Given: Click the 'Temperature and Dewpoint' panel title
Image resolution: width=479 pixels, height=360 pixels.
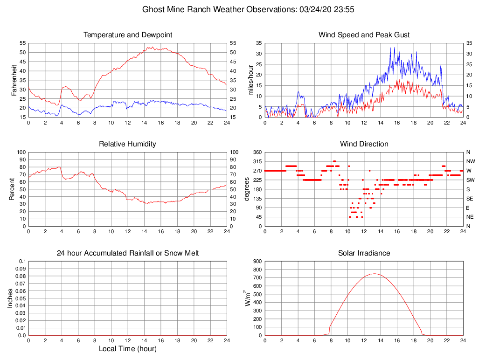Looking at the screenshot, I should [128, 35].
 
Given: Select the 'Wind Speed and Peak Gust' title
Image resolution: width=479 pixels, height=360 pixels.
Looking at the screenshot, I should [364, 35].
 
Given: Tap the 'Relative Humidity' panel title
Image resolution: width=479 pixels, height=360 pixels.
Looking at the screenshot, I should [128, 144].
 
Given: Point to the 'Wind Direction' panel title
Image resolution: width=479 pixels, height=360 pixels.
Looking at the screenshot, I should [364, 144].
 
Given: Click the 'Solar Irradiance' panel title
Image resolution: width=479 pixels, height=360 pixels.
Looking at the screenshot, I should [364, 253].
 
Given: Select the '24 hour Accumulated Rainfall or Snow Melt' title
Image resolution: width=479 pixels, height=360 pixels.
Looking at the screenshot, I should [128, 253].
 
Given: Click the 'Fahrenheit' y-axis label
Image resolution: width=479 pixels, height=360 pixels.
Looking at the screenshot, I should [14, 80].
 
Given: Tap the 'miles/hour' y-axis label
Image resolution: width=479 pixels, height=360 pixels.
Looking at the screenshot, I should [251, 80].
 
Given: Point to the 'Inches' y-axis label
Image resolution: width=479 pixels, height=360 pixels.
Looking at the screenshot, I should [10, 298].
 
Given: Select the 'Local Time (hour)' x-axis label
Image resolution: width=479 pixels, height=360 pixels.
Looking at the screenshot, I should [128, 349].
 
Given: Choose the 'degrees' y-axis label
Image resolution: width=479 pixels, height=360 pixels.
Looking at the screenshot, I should [247, 189].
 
